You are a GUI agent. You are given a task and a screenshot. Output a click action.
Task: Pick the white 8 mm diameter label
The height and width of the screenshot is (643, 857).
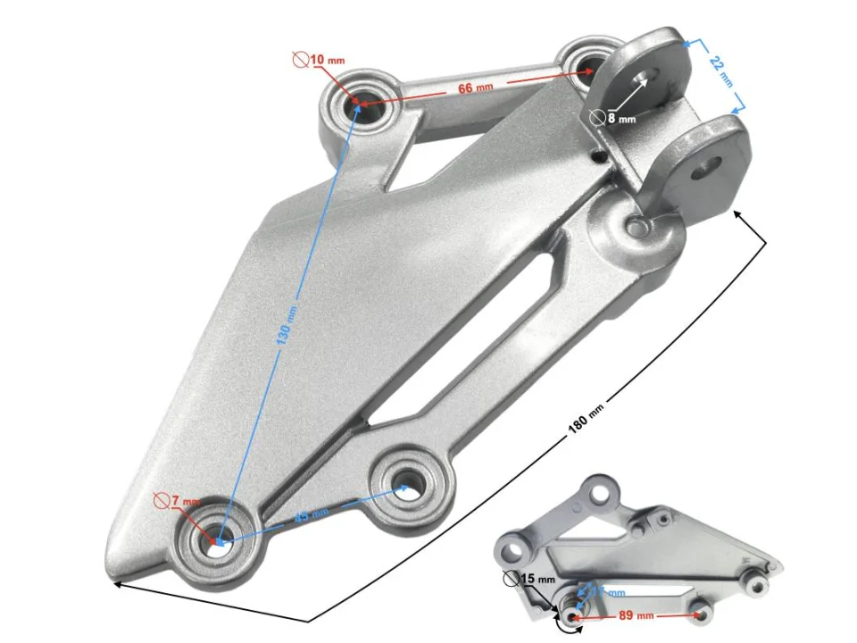621,118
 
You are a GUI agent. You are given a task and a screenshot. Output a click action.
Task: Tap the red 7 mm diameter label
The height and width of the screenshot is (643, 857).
187,503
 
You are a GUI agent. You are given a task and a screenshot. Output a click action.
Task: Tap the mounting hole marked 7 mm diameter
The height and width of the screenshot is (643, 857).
219,542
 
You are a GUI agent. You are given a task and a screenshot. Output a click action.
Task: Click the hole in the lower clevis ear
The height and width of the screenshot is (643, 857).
711,165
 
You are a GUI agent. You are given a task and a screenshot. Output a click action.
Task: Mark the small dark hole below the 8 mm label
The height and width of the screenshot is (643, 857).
597,157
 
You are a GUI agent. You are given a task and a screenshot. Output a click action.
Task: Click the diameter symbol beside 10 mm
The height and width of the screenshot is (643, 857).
301,60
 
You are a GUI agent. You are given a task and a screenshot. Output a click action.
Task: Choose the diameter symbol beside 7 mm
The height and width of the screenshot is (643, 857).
161,501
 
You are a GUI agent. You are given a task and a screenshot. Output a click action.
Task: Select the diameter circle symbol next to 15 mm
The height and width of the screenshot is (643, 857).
511,579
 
